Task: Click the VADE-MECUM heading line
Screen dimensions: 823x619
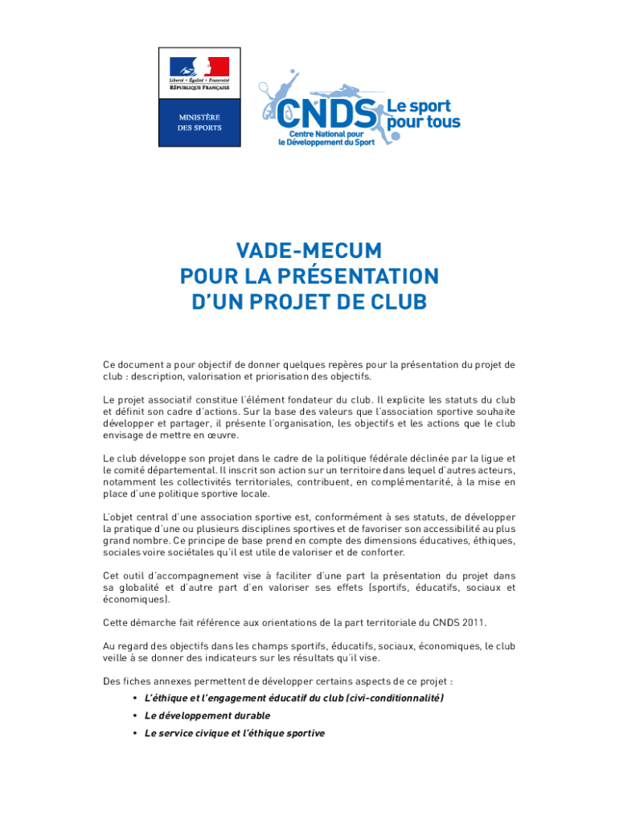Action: [x=309, y=250]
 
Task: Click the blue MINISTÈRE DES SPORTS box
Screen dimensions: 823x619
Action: [x=199, y=123]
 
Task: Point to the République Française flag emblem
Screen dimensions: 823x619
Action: [x=199, y=68]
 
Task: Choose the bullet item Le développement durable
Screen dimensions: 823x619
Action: [x=207, y=715]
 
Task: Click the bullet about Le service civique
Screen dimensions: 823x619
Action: [x=235, y=733]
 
